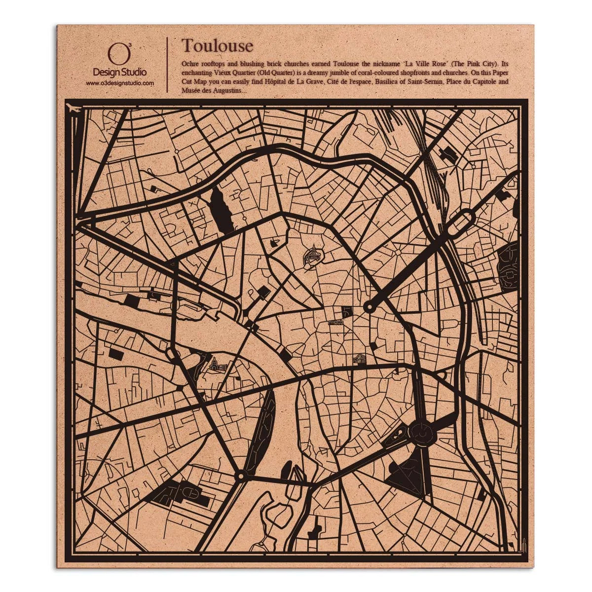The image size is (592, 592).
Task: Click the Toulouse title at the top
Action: [x=217, y=45]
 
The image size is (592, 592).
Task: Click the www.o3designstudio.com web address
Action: [x=120, y=83]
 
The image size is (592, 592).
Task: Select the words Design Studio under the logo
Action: [x=120, y=73]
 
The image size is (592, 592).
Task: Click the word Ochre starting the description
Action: [x=190, y=64]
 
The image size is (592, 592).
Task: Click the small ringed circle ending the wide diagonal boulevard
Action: [x=368, y=307]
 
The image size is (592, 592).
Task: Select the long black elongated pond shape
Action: [x=222, y=211]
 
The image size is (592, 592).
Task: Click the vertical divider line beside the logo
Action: [x=168, y=65]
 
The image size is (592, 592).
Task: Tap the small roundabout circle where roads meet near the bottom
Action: [x=240, y=476]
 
